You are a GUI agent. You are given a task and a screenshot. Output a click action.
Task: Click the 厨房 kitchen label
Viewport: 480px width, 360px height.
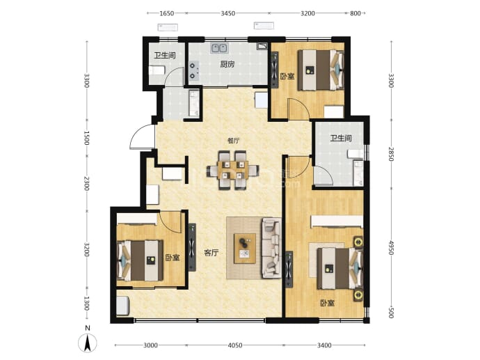click(227, 64)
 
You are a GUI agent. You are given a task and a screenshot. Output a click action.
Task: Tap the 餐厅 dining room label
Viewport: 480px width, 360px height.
click(233, 141)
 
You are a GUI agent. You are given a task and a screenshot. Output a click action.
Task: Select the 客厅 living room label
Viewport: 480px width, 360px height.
click(211, 253)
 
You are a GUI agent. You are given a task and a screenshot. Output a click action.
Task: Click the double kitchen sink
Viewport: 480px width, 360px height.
click(219, 49)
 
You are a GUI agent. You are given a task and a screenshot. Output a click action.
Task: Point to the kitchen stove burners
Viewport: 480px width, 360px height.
click(193, 71)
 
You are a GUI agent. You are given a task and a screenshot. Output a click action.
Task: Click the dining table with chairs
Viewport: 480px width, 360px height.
click(232, 170)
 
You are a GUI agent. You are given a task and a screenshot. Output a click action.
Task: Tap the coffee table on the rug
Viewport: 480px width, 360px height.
click(245, 249)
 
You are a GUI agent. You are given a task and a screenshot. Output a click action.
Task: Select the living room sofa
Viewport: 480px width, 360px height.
click(271, 248)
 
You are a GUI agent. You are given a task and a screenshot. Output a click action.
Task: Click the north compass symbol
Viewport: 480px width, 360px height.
click(88, 343)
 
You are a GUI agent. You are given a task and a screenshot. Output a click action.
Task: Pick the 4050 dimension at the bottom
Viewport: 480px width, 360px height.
click(235, 345)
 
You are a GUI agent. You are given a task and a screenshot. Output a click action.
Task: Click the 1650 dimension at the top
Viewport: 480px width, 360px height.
click(167, 13)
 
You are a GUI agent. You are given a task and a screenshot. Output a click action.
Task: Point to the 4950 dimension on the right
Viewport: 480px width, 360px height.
click(391, 248)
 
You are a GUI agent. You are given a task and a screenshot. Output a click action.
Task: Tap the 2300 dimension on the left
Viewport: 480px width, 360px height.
click(87, 183)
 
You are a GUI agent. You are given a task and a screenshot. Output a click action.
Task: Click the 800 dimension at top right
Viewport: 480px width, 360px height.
click(355, 13)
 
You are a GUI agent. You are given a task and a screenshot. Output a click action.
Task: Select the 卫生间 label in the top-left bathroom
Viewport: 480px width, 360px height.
click(165, 56)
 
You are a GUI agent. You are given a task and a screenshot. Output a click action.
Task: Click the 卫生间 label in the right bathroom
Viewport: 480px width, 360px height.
click(341, 138)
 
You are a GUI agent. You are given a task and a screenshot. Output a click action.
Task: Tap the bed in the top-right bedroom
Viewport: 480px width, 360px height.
click(321, 70)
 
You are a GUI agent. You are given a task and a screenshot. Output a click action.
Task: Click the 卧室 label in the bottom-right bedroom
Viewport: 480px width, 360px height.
click(327, 303)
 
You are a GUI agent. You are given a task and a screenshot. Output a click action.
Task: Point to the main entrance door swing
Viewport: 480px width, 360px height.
click(141, 136)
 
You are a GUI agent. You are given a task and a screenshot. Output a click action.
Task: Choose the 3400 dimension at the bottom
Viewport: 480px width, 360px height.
click(324, 345)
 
